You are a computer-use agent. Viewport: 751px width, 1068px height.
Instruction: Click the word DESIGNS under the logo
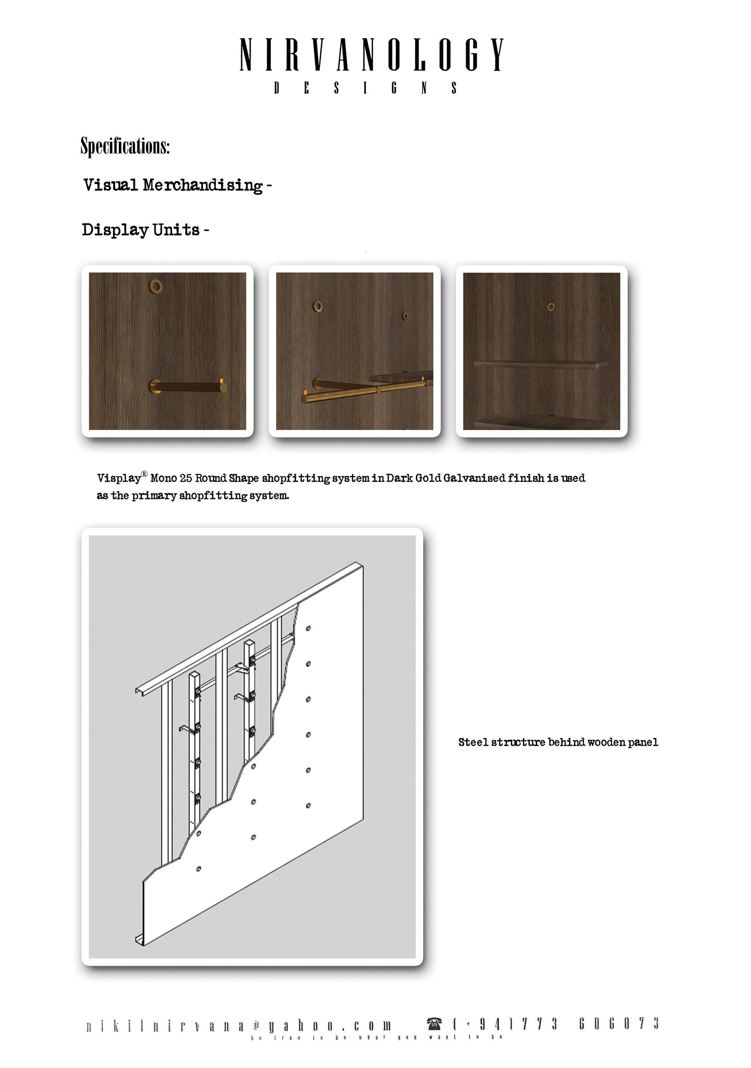click(x=365, y=88)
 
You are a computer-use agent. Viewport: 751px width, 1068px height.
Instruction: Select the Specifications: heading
click(x=125, y=146)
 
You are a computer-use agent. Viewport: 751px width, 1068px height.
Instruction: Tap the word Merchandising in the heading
click(x=203, y=185)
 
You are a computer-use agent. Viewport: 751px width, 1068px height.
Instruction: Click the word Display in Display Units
click(x=115, y=230)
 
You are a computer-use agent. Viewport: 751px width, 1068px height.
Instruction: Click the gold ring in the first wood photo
click(x=155, y=286)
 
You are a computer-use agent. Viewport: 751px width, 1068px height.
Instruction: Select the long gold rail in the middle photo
click(x=363, y=390)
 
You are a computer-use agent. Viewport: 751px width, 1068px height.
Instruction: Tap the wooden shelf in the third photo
click(x=540, y=364)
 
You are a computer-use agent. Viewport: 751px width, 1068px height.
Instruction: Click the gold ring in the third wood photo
click(x=551, y=307)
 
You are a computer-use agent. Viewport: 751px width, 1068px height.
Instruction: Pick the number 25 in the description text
click(x=186, y=478)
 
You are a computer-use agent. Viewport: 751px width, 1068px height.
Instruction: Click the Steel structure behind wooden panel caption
click(x=558, y=742)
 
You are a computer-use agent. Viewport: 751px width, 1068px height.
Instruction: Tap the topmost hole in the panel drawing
click(x=308, y=628)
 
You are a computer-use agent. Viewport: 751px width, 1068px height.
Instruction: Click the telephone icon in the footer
click(x=434, y=1023)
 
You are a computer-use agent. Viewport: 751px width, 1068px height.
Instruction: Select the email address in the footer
click(x=239, y=1026)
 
